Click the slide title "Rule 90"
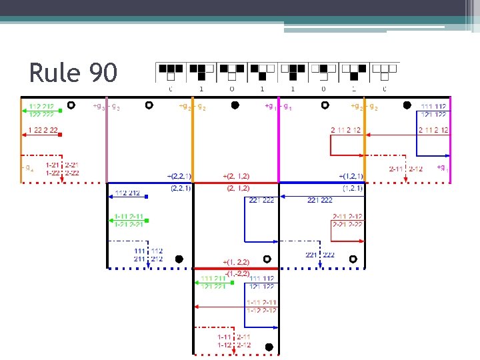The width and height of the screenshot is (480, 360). tap(73, 73)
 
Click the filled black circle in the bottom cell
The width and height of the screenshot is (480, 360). tap(269, 347)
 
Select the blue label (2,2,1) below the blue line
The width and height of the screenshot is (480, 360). tap(181, 189)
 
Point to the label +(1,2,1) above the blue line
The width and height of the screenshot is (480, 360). tap(351, 176)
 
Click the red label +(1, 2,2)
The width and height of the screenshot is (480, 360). tap(237, 262)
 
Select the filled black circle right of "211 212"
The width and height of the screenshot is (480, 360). tap(179, 259)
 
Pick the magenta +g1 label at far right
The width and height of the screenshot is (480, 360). tap(442, 167)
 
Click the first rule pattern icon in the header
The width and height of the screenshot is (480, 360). tap(171, 69)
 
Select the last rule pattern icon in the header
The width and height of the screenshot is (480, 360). tap(385, 69)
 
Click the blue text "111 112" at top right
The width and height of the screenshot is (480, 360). tap(433, 106)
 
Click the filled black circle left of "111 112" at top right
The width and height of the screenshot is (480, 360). tap(407, 105)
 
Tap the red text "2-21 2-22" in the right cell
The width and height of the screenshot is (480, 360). tap(347, 225)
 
